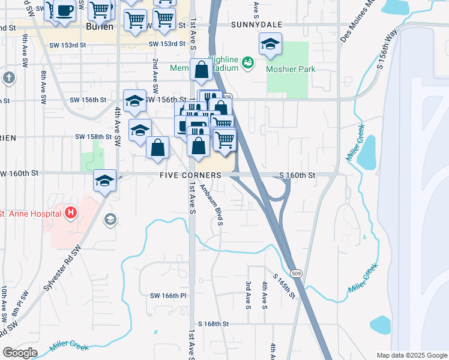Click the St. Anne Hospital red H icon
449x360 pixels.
71,212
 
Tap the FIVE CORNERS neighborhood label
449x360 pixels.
190,175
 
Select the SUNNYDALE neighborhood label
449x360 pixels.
256,25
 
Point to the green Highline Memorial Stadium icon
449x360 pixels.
248,62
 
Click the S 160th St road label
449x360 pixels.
297,175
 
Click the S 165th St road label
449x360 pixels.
284,287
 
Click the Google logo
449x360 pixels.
20,353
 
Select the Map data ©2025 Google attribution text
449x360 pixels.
411,355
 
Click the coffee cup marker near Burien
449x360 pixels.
64,11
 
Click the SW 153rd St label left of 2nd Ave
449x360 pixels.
70,44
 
